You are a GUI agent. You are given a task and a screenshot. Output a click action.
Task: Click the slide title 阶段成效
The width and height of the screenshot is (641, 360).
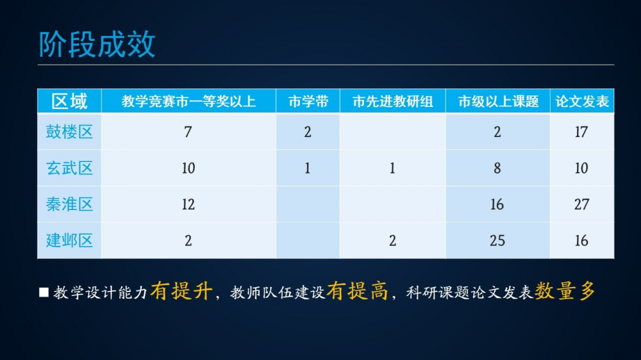(x=97, y=44)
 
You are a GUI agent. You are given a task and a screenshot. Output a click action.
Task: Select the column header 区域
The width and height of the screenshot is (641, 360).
(x=69, y=101)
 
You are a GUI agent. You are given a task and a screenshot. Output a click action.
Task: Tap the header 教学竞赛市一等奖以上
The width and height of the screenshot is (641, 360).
(x=188, y=101)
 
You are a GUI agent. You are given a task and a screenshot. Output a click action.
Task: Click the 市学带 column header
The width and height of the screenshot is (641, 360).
(x=308, y=101)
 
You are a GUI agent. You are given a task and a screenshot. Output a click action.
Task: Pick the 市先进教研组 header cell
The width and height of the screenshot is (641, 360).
(x=392, y=101)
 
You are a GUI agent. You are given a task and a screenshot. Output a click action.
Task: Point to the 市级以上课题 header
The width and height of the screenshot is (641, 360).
(x=498, y=101)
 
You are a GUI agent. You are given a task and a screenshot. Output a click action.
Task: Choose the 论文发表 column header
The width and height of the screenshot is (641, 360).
(x=582, y=101)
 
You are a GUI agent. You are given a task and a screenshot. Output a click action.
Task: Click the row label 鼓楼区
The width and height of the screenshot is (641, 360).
(x=69, y=131)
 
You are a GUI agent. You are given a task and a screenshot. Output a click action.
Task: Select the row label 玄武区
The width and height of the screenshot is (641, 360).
(x=69, y=168)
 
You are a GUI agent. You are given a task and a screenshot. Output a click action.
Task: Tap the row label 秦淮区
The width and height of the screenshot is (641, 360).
(x=69, y=204)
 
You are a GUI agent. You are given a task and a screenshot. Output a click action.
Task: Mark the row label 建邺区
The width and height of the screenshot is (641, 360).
(x=69, y=240)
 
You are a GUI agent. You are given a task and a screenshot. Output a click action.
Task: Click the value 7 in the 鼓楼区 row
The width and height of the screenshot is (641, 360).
(x=188, y=132)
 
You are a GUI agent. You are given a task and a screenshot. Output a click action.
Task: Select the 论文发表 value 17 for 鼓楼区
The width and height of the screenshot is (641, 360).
(x=581, y=132)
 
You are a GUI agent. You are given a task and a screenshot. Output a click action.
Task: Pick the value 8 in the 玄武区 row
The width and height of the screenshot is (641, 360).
(x=497, y=168)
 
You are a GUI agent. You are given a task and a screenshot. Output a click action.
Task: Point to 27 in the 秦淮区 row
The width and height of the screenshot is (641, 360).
(x=581, y=204)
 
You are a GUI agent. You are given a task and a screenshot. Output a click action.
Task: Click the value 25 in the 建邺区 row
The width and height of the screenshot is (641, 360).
(x=497, y=241)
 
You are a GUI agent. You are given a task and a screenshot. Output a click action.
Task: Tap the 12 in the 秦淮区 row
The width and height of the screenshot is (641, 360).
(x=188, y=204)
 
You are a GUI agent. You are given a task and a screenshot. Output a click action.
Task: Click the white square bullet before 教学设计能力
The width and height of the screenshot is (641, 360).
(x=44, y=292)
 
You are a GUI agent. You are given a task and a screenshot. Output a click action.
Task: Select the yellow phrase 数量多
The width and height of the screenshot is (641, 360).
(x=565, y=291)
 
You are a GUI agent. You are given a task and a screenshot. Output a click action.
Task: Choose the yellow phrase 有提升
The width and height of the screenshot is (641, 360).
(x=181, y=291)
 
